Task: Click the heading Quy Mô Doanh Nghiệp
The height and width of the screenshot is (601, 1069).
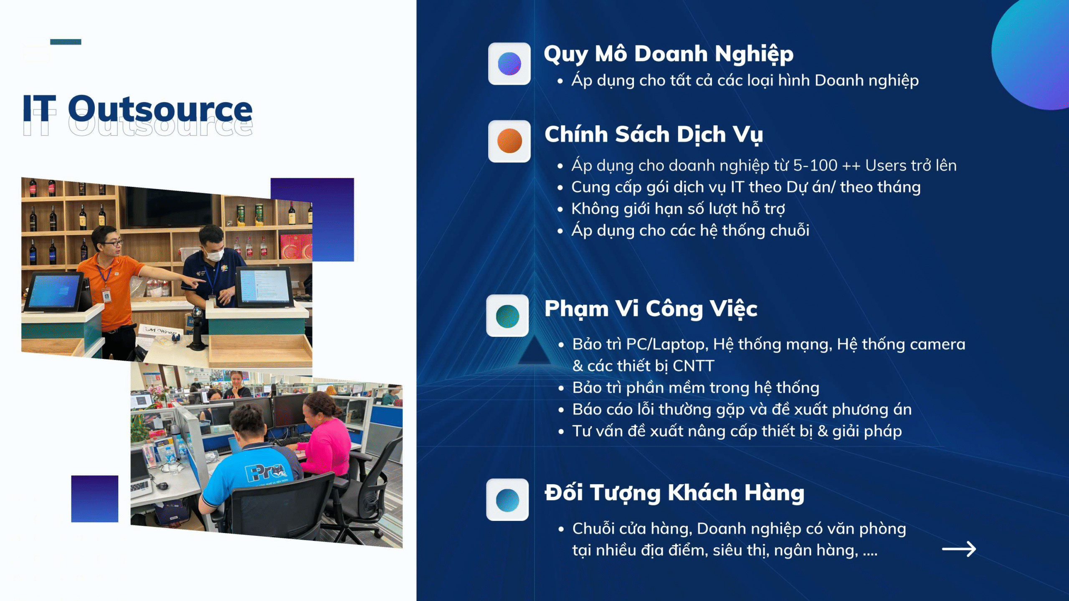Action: (x=668, y=54)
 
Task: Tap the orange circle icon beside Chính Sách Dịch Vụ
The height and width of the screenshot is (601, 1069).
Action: (x=509, y=141)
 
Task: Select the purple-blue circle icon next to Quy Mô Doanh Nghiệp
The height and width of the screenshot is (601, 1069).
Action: (x=509, y=63)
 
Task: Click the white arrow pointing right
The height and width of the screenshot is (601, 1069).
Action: (x=959, y=549)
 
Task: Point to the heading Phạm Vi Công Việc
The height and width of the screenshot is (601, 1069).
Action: (x=651, y=309)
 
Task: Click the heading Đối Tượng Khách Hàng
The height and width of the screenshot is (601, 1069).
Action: (x=674, y=493)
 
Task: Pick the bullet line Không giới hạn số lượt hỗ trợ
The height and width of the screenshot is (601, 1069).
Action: (x=678, y=209)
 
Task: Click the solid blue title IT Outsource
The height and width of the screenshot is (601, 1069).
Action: (x=138, y=109)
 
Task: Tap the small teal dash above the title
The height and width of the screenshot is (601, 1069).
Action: (x=66, y=42)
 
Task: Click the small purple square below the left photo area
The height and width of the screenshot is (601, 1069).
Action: (x=94, y=499)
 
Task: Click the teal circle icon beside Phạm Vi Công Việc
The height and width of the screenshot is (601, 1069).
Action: (x=507, y=316)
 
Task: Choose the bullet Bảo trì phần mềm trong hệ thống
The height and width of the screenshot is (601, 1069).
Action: (x=695, y=388)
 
